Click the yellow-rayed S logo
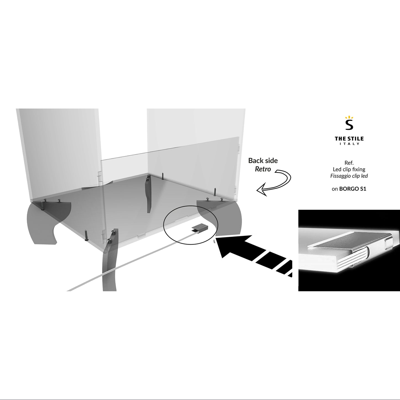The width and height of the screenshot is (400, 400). click(x=349, y=123)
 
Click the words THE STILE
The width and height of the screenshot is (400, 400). click(x=349, y=138)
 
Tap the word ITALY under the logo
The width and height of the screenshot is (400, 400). click(x=349, y=144)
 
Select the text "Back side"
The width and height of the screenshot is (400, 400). click(x=263, y=161)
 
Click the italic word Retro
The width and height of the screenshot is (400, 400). click(x=263, y=169)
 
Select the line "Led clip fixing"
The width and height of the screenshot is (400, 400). click(x=349, y=169)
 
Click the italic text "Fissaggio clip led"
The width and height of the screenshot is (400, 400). click(x=349, y=176)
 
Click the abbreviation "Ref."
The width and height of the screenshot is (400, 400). click(x=349, y=163)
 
